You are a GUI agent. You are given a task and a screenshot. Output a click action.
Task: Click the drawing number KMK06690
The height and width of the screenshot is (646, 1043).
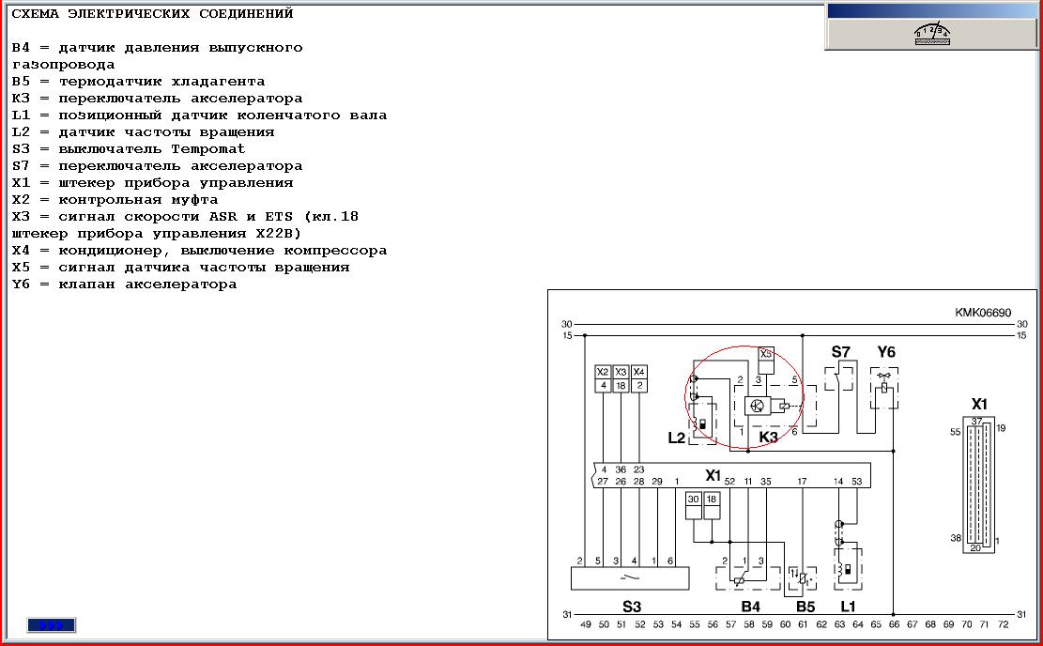pyautogui.click(x=983, y=313)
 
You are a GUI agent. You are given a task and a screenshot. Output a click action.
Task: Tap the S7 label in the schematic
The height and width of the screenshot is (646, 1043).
pyautogui.click(x=841, y=352)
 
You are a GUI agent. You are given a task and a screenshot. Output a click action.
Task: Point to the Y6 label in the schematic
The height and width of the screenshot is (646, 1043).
pyautogui.click(x=886, y=352)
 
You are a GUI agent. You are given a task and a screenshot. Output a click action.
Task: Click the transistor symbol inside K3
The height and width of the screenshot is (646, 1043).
pyautogui.click(x=756, y=406)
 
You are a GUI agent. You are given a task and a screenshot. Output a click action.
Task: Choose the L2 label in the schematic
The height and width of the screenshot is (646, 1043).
pyautogui.click(x=676, y=438)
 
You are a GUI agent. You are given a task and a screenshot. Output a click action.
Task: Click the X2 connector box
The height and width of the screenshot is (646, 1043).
pyautogui.click(x=603, y=372)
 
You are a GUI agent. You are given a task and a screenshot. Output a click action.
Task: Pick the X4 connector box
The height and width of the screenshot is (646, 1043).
pyautogui.click(x=638, y=372)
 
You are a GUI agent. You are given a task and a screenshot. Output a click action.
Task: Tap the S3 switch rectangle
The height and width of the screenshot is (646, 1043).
pyautogui.click(x=630, y=577)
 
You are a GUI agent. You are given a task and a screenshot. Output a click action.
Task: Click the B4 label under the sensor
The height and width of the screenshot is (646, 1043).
pyautogui.click(x=750, y=606)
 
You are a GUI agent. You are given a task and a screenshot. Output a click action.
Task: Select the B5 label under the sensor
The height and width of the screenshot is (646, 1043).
pyautogui.click(x=805, y=606)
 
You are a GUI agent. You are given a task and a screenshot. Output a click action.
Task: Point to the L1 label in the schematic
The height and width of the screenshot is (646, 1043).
pyautogui.click(x=848, y=606)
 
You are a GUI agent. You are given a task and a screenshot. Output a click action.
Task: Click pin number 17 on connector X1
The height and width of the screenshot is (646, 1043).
pyautogui.click(x=803, y=481)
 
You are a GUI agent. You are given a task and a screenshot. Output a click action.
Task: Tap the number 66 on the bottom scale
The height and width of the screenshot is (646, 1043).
pyautogui.click(x=894, y=624)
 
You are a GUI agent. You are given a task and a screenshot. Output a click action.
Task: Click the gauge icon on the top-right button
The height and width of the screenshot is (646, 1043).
pyautogui.click(x=932, y=34)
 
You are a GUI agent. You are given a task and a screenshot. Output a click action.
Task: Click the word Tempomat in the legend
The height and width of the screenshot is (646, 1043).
pyautogui.click(x=208, y=149)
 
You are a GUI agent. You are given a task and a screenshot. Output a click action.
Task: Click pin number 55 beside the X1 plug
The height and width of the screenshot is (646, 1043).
pyautogui.click(x=955, y=433)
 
